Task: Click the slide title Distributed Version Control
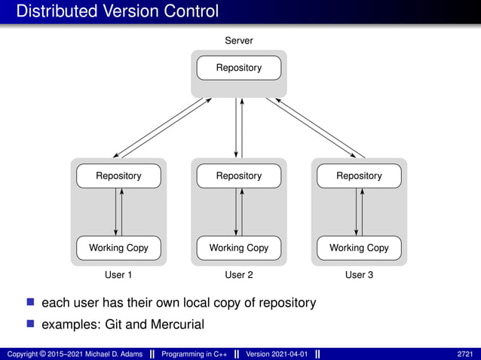(117, 11)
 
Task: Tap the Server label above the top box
(239, 41)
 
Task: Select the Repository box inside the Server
(239, 68)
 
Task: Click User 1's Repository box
(118, 175)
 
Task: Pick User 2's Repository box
(239, 175)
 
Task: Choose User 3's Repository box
(359, 175)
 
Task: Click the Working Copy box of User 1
(118, 248)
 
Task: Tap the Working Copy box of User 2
(239, 248)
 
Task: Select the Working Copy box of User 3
(359, 248)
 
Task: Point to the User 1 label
(118, 275)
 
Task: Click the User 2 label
(239, 275)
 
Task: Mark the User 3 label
(359, 275)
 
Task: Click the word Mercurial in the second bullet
(177, 325)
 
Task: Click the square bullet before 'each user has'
(31, 303)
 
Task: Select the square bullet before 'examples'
(31, 325)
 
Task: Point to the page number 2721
(465, 353)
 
